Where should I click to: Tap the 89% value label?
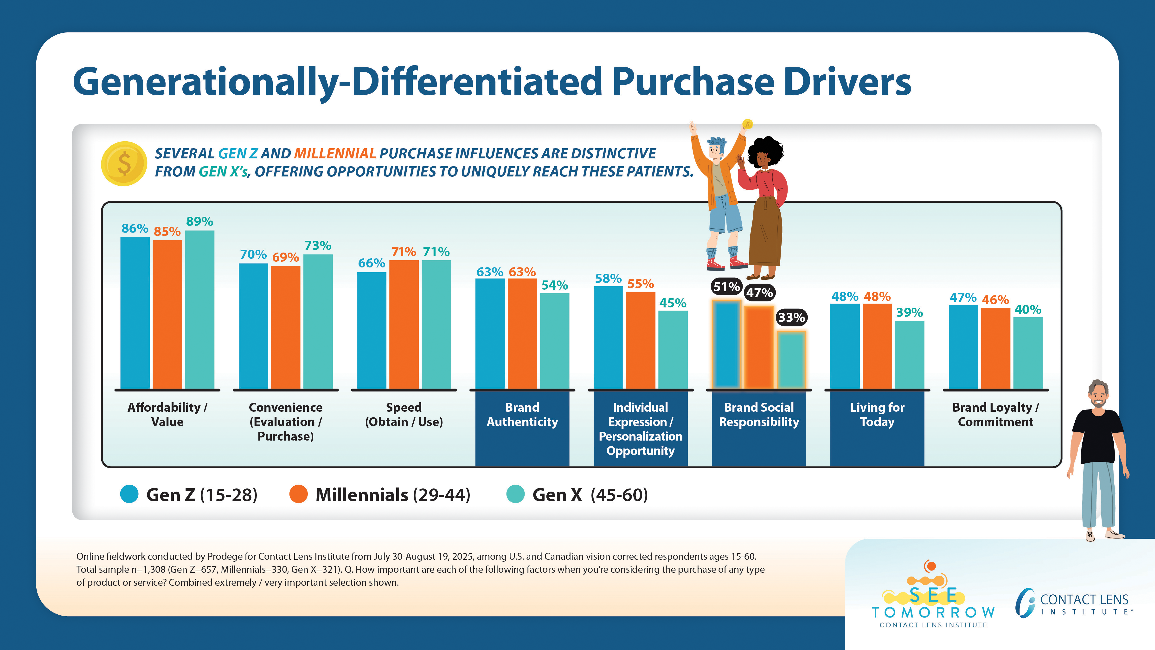tap(199, 221)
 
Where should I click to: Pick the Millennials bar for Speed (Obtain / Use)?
tap(404, 324)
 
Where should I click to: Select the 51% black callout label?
tap(726, 287)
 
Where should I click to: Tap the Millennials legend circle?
tap(298, 494)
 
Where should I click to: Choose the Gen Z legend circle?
tap(129, 494)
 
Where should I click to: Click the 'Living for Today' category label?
tap(877, 415)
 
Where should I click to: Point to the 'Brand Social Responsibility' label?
tap(759, 415)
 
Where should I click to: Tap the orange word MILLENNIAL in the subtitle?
tap(334, 154)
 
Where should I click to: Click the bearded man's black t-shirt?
tap(1098, 435)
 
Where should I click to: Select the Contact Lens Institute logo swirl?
tap(1025, 602)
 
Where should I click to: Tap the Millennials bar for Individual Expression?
tap(640, 340)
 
